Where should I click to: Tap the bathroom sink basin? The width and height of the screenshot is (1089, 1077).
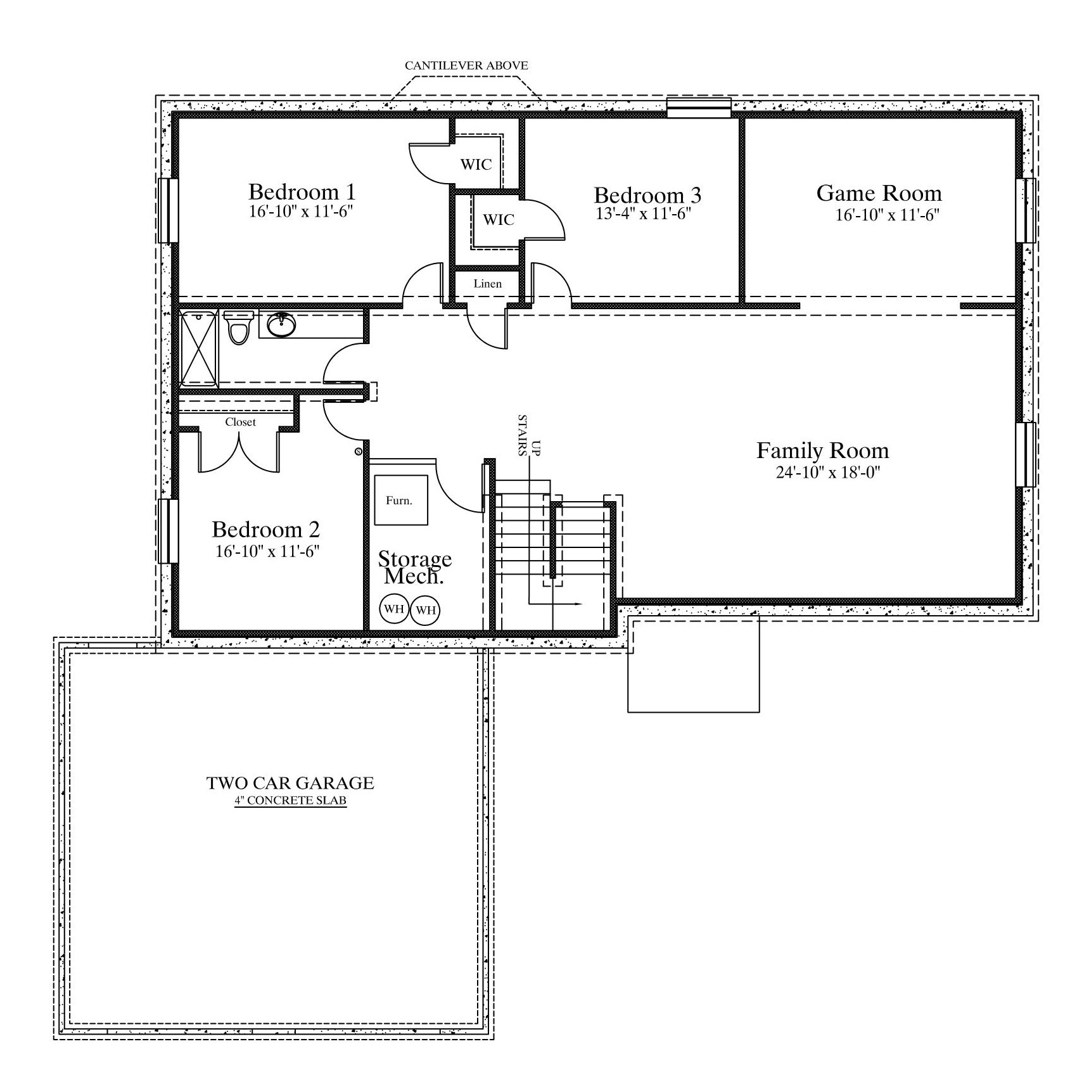click(x=281, y=325)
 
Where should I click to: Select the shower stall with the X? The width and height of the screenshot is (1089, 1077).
click(x=200, y=348)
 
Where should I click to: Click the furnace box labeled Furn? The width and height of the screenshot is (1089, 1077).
click(x=401, y=500)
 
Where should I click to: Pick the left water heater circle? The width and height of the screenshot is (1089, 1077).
click(x=394, y=609)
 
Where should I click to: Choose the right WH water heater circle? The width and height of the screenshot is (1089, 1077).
click(x=426, y=610)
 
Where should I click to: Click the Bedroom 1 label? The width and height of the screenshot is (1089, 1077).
click(x=302, y=191)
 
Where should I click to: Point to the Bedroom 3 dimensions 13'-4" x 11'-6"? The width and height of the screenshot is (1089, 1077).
click(x=643, y=213)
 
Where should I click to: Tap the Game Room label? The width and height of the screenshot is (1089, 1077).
click(x=879, y=193)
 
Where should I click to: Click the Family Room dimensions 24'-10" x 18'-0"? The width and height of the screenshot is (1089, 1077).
click(x=829, y=472)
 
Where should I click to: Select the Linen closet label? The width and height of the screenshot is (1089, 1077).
click(x=488, y=284)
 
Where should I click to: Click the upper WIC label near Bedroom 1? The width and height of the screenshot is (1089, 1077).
click(x=476, y=165)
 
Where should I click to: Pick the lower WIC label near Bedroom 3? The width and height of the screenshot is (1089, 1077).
click(x=499, y=220)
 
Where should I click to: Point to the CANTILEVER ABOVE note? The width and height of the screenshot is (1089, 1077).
click(x=466, y=65)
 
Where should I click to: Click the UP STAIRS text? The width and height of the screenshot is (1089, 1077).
click(x=528, y=436)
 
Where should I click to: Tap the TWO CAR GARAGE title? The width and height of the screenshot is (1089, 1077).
click(x=290, y=783)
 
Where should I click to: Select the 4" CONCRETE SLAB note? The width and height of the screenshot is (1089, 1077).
click(x=291, y=801)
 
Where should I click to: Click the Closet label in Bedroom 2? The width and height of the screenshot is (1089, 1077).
click(x=241, y=422)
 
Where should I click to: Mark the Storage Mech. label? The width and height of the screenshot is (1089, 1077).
click(x=415, y=568)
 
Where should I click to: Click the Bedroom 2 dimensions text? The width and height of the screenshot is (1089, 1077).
click(x=267, y=551)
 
